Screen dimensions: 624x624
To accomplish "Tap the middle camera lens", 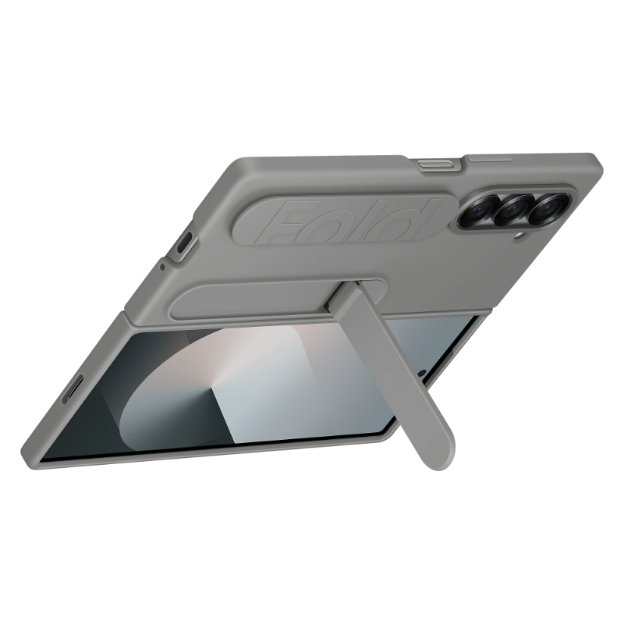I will (x=512, y=207).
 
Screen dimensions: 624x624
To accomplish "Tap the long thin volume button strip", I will (x=489, y=160).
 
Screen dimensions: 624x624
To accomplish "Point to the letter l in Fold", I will (x=375, y=218).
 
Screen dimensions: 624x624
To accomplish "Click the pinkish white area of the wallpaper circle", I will (x=234, y=359).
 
